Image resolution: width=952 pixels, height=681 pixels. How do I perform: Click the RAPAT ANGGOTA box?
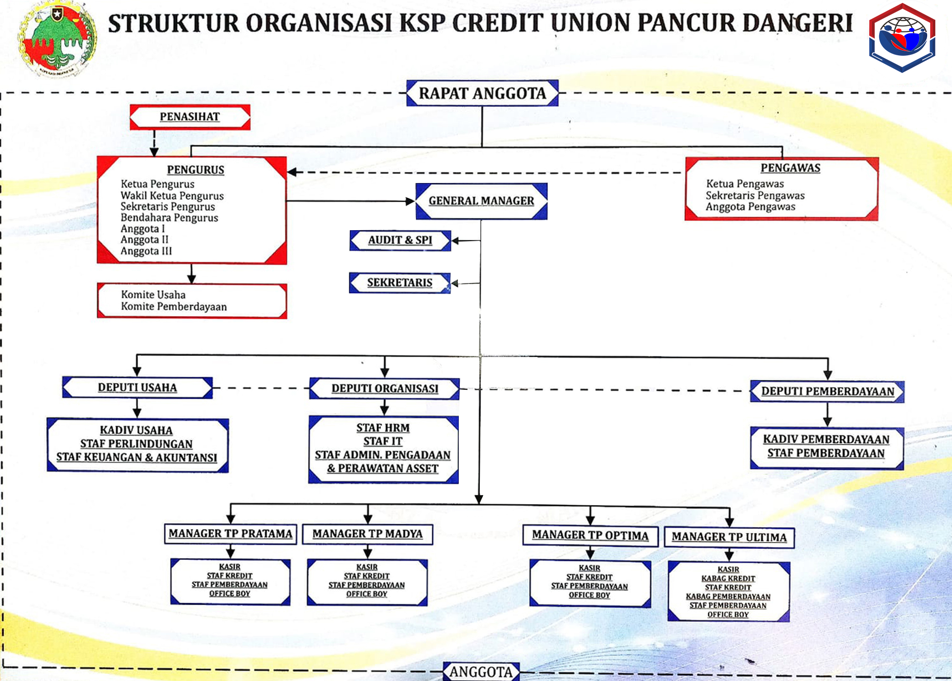pyautogui.click(x=482, y=93)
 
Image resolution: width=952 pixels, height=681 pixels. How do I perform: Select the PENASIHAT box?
pyautogui.click(x=190, y=117)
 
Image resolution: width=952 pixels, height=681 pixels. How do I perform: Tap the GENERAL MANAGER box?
pyautogui.click(x=481, y=201)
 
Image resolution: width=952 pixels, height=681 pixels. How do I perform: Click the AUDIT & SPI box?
pyautogui.click(x=400, y=240)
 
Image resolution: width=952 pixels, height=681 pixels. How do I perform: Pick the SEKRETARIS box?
pyautogui.click(x=399, y=283)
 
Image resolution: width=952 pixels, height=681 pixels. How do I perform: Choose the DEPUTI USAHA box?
pyautogui.click(x=137, y=387)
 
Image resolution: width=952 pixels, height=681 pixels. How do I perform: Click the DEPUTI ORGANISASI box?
pyautogui.click(x=385, y=388)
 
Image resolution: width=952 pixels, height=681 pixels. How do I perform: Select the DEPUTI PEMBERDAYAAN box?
pyautogui.click(x=827, y=391)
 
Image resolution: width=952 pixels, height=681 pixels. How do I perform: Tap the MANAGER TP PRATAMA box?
pyautogui.click(x=230, y=534)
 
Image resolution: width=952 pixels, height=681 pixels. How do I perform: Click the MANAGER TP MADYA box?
pyautogui.click(x=367, y=534)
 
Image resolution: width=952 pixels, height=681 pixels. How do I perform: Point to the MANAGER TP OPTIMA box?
pyautogui.click(x=590, y=536)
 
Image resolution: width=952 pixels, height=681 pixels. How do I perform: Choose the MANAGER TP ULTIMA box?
pyautogui.click(x=729, y=538)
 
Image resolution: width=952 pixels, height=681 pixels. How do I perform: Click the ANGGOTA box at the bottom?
pyautogui.click(x=481, y=672)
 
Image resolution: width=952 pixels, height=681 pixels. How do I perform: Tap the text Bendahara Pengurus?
pyautogui.click(x=169, y=218)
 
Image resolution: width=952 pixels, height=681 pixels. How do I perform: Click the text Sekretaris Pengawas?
pyautogui.click(x=755, y=195)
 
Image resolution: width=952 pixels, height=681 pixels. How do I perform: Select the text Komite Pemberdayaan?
pyautogui.click(x=174, y=306)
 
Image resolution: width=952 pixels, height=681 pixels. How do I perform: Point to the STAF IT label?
pyautogui.click(x=383, y=441)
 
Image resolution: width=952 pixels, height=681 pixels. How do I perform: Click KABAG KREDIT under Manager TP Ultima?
pyautogui.click(x=728, y=579)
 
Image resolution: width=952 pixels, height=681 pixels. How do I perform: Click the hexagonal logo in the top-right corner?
pyautogui.click(x=902, y=38)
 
